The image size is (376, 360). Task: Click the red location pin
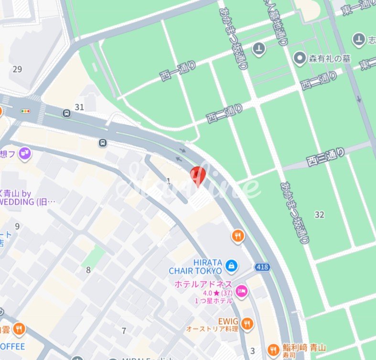[198, 175]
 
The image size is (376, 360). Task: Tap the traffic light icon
[25, 111]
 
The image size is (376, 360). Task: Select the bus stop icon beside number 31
[66, 113]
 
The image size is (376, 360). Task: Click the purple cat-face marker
[26, 153]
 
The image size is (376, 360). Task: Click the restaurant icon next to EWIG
[247, 324]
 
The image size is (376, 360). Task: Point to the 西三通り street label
[325, 156]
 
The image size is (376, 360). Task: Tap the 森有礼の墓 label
[329, 58]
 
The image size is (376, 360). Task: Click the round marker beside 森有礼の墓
[300, 58]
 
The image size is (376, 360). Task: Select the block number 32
[319, 215]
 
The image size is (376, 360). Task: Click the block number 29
[17, 69]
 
